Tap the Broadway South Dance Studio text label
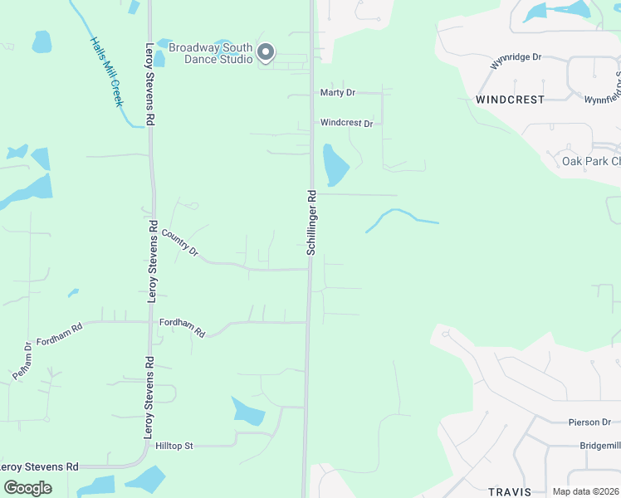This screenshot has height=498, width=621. coord(211,53)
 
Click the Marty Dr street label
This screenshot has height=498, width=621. coord(337,93)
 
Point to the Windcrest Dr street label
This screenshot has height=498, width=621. coord(346,123)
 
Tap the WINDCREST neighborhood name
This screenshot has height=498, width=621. coord(510,99)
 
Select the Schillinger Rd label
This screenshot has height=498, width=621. coord(312,222)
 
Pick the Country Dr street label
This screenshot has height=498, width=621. coord(180,242)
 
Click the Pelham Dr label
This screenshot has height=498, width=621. coord(22,361)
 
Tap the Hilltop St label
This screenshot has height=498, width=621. coord(174,446)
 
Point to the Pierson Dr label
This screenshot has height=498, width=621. coord(589,422)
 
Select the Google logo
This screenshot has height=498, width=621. coord(28,487)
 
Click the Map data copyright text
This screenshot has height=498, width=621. coord(584,491)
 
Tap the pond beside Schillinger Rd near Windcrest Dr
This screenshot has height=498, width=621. coord(335,164)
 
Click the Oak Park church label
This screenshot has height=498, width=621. coord(590,161)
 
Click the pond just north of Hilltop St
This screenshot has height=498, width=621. coord(247,411)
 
